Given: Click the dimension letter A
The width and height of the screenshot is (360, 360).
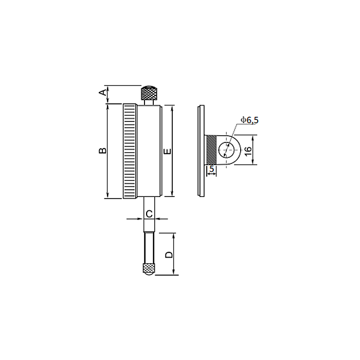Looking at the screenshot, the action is point(103,93).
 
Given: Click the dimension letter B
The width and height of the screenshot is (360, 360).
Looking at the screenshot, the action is point(103,151).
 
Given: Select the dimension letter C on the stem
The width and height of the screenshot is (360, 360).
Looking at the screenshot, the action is point(149,214).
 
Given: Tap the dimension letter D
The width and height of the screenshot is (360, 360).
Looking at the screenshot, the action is point(169,255).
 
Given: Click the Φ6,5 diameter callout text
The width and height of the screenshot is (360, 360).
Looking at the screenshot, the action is point(249,120).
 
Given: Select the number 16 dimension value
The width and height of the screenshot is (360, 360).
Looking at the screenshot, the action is point(248,151).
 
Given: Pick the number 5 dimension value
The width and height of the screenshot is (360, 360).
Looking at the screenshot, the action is point(212,169).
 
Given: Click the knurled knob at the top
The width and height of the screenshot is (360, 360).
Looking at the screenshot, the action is point(149,93).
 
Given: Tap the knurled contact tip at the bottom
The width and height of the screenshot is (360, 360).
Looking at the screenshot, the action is point(149,269).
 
